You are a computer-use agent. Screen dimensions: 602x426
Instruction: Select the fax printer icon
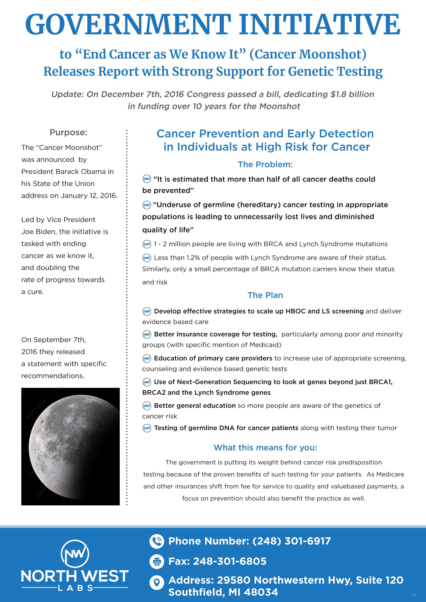click(157, 561)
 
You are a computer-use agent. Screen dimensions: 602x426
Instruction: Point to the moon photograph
click(70, 446)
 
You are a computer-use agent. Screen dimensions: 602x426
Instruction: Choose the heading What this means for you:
click(265, 448)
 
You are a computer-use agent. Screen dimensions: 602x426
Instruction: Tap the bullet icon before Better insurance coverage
click(147, 335)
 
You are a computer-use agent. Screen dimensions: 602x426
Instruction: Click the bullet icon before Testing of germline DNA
click(147, 428)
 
